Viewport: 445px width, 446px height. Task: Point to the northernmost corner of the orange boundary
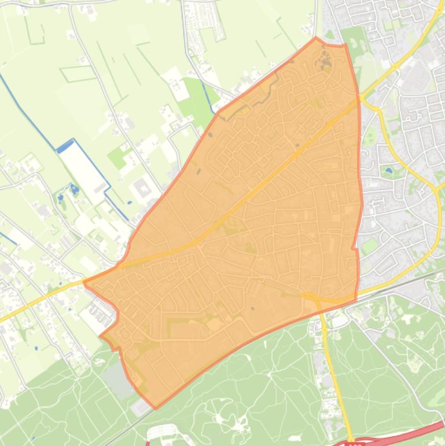tap(315, 38)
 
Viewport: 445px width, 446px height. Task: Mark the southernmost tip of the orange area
tap(155, 408)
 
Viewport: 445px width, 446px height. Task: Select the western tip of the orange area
tap(84, 283)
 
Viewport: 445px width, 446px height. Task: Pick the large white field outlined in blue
tap(84, 168)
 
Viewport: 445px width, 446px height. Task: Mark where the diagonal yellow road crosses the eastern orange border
tap(359, 100)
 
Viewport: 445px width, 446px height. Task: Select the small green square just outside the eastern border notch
tap(369, 247)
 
